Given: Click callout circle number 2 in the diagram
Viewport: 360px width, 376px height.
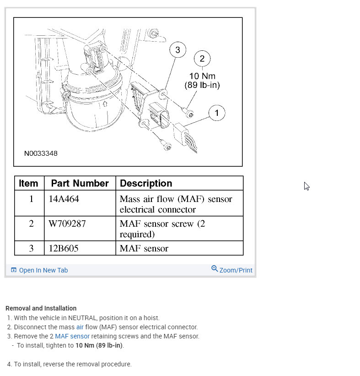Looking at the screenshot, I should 202,59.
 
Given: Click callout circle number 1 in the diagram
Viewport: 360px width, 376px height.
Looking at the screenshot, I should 217,113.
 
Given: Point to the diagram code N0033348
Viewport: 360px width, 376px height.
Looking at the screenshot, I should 41,153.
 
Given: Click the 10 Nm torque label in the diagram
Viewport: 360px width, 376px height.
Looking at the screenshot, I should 202,76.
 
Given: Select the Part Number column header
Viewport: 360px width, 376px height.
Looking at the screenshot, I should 80,183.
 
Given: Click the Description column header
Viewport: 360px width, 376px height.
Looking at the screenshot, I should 146,183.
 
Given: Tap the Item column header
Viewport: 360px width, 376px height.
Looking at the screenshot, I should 29,183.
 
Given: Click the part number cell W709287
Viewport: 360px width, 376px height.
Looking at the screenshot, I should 67,224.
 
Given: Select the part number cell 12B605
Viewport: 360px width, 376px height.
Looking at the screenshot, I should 64,249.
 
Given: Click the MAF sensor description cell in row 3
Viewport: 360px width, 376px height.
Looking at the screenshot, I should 144,249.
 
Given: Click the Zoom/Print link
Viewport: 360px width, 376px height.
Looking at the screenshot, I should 232,270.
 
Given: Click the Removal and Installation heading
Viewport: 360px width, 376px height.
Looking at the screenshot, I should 41,308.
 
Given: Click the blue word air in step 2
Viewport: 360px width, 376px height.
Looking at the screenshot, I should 80,327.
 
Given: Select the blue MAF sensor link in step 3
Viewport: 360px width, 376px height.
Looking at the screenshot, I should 72,336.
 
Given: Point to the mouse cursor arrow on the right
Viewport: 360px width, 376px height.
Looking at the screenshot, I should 306,186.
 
